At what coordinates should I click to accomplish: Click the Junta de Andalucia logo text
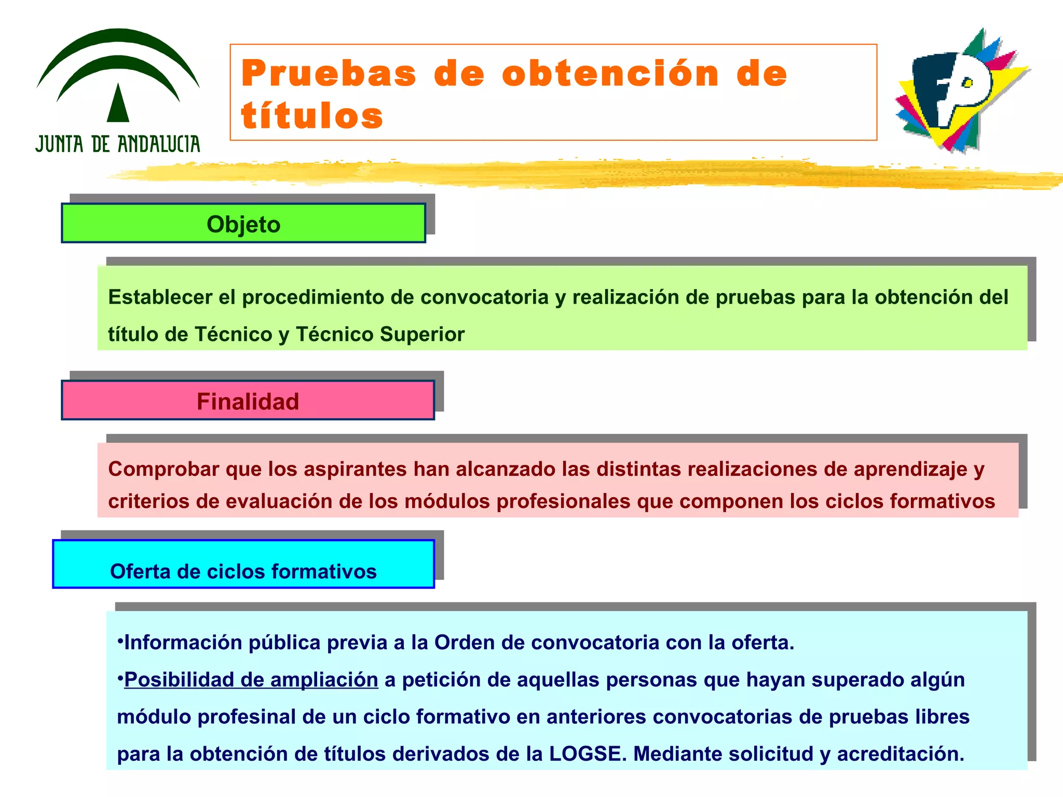pyautogui.click(x=118, y=144)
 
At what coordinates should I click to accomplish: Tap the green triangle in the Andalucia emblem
pyautogui.click(x=118, y=104)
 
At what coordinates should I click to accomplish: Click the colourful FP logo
pyautogui.click(x=960, y=91)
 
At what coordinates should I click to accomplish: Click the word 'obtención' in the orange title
pyautogui.click(x=610, y=73)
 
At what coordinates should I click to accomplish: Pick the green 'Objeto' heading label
pyautogui.click(x=243, y=224)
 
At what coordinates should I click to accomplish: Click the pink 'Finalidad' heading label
pyautogui.click(x=248, y=401)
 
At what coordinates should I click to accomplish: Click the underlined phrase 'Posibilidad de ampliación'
pyautogui.click(x=251, y=680)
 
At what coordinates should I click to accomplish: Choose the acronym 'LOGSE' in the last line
pyautogui.click(x=585, y=754)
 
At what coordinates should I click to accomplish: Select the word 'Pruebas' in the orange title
pyautogui.click(x=329, y=73)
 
